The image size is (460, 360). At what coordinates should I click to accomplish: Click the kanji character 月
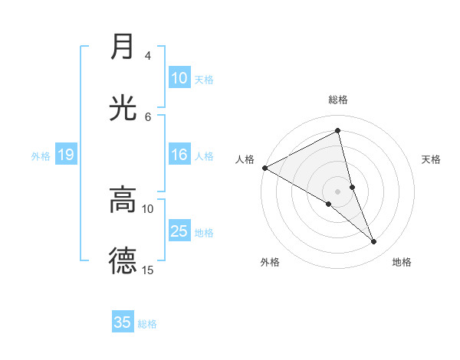123,47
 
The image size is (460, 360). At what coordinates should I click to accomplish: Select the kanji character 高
123,200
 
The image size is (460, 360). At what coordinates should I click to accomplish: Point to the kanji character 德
123,261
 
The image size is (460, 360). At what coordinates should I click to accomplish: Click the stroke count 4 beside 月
148,56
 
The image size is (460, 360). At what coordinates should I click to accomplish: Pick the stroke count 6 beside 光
148,116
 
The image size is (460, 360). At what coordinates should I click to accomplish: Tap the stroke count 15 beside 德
148,270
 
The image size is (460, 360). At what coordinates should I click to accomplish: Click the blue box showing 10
179,78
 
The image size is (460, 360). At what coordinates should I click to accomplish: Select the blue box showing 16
179,155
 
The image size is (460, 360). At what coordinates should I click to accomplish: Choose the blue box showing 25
179,231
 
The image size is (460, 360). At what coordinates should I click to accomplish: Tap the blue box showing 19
65,155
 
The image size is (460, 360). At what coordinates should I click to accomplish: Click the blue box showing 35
123,322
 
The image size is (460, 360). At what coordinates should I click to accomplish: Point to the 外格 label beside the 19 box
41,156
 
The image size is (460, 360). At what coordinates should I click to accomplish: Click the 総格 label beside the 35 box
147,324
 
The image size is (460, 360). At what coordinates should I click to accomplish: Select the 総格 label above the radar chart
338,100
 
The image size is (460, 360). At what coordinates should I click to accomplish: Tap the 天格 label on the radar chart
432,159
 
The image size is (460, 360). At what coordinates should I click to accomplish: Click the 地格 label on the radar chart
402,262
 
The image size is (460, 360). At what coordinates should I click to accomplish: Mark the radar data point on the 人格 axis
264,168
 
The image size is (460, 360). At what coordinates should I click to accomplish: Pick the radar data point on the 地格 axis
374,242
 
